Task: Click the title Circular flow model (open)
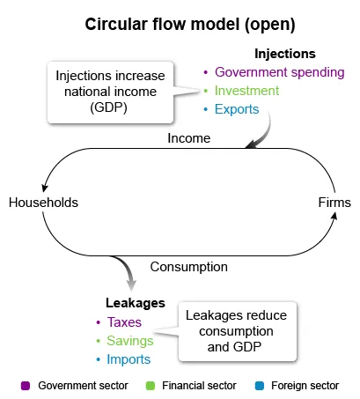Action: tap(190, 25)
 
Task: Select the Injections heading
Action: tap(285, 54)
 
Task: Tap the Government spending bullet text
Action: tap(280, 72)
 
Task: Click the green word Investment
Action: tap(246, 91)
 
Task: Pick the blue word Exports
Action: tap(237, 109)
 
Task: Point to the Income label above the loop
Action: tap(189, 138)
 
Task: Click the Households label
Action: tap(43, 203)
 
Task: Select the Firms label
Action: tap(334, 203)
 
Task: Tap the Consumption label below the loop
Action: tap(189, 267)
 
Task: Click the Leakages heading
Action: tap(136, 303)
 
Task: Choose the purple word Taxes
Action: tap(124, 322)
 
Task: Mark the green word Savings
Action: tap(130, 341)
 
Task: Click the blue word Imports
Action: tap(129, 359)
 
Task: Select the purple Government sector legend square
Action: tap(26, 386)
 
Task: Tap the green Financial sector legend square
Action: tap(151, 386)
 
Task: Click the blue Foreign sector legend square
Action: tap(260, 386)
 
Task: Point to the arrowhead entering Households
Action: tap(45, 188)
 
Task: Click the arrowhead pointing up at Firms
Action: tap(334, 216)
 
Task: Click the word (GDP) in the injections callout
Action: tap(108, 107)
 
